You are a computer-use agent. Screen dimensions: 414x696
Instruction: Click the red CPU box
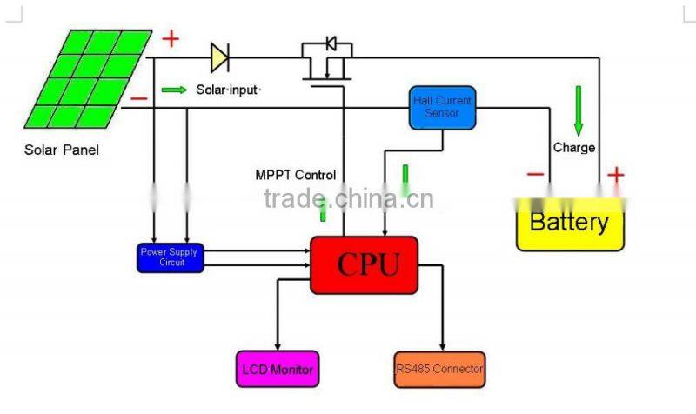pyautogui.click(x=364, y=264)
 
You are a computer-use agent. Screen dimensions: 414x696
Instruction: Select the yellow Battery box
pyautogui.click(x=570, y=224)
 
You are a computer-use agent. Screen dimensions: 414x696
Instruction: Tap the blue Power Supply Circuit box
pyautogui.click(x=171, y=257)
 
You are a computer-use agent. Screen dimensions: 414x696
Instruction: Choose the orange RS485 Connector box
pyautogui.click(x=439, y=369)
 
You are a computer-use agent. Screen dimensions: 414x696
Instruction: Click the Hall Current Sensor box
pyautogui.click(x=443, y=107)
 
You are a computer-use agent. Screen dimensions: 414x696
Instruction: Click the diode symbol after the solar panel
pyautogui.click(x=219, y=58)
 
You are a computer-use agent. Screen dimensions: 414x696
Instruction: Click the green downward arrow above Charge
pyautogui.click(x=578, y=109)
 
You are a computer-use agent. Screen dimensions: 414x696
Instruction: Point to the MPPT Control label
pyautogui.click(x=295, y=175)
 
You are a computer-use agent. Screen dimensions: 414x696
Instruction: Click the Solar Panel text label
pyautogui.click(x=61, y=150)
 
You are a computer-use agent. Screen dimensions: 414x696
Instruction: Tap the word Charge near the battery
pyautogui.click(x=574, y=147)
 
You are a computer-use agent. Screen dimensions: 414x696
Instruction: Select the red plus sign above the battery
pyautogui.click(x=615, y=175)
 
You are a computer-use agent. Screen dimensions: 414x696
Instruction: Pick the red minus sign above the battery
pyautogui.click(x=536, y=175)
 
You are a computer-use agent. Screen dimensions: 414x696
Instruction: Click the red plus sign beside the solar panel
pyautogui.click(x=170, y=38)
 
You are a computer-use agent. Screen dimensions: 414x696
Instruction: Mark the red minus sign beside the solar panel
pyautogui.click(x=138, y=98)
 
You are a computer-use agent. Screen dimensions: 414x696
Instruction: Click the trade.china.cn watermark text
pyautogui.click(x=348, y=199)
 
